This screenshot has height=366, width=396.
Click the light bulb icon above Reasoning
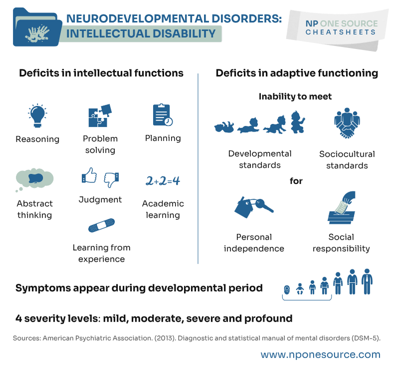point(37,114)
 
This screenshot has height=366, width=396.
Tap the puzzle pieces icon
point(100,115)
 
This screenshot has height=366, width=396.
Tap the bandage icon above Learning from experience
point(101,225)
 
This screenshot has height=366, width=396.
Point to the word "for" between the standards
point(296,180)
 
